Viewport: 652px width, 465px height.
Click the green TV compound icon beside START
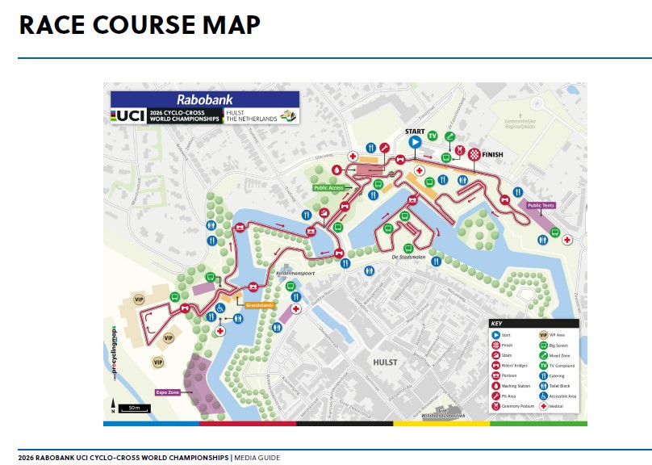433,136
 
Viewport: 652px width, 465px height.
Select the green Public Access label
329,187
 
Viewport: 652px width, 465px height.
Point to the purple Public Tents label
541,205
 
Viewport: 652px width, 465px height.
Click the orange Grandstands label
261,305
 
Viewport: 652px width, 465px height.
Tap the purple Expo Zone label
168,392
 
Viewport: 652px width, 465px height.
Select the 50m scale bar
132,408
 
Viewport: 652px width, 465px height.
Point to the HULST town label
385,362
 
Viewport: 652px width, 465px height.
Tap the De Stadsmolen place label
408,257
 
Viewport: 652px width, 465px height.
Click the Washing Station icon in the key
495,385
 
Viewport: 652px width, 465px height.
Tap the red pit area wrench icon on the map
385,148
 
